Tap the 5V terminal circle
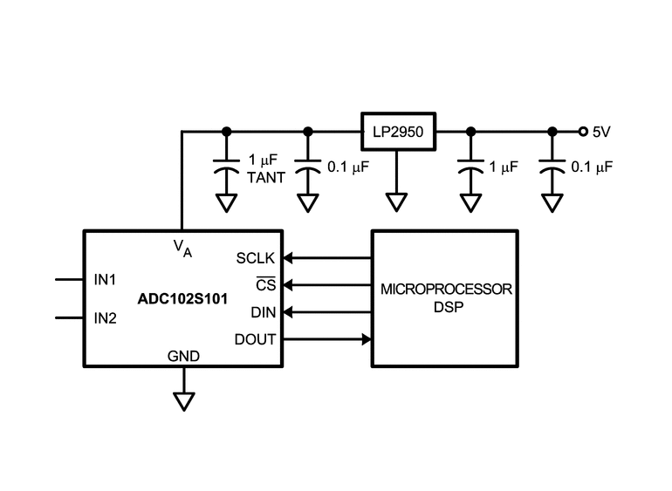(x=583, y=132)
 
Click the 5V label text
(x=601, y=132)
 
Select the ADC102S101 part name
(x=182, y=298)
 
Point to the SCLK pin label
(x=256, y=258)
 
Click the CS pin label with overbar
(x=265, y=284)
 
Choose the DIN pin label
(x=264, y=312)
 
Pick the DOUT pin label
(x=255, y=339)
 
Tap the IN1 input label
(x=105, y=280)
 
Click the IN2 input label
(x=105, y=318)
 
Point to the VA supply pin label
(x=182, y=249)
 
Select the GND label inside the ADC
(x=183, y=356)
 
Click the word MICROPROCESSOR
(x=446, y=290)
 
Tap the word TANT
(x=266, y=177)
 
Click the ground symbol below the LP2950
(x=396, y=202)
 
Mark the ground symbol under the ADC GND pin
(x=184, y=402)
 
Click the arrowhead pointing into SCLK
(x=288, y=258)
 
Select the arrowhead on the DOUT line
(x=367, y=339)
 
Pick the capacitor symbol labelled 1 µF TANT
(x=226, y=167)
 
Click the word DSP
(x=449, y=307)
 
